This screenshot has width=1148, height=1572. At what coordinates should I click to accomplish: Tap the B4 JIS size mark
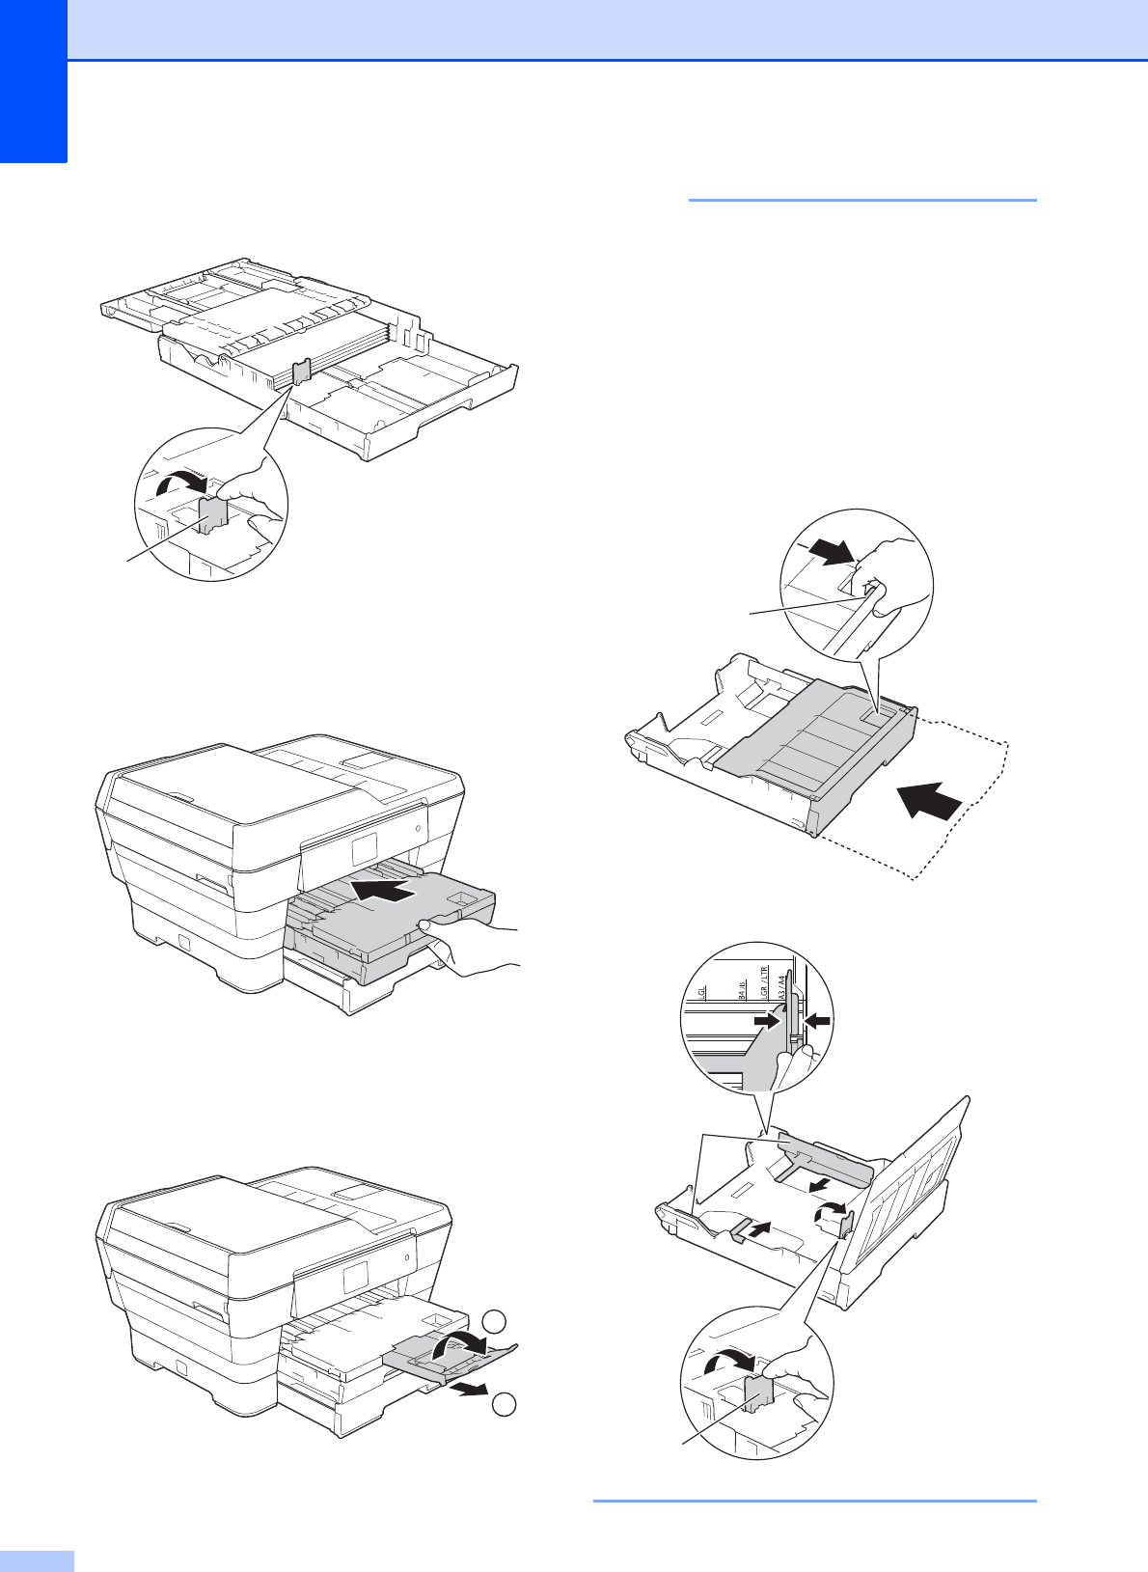[x=742, y=989]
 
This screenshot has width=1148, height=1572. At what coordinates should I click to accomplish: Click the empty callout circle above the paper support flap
[x=494, y=1322]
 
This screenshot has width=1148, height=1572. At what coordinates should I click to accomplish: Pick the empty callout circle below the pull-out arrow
[x=502, y=1406]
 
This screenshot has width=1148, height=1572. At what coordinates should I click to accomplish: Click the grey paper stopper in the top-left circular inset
[x=211, y=513]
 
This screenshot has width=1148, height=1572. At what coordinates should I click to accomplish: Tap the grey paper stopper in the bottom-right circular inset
[x=758, y=1393]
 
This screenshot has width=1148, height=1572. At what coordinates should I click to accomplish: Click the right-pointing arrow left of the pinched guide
[x=767, y=1019]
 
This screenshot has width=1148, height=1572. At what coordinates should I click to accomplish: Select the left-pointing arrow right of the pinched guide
[x=815, y=1019]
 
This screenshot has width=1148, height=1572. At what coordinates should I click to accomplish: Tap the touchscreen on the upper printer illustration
[x=366, y=849]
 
